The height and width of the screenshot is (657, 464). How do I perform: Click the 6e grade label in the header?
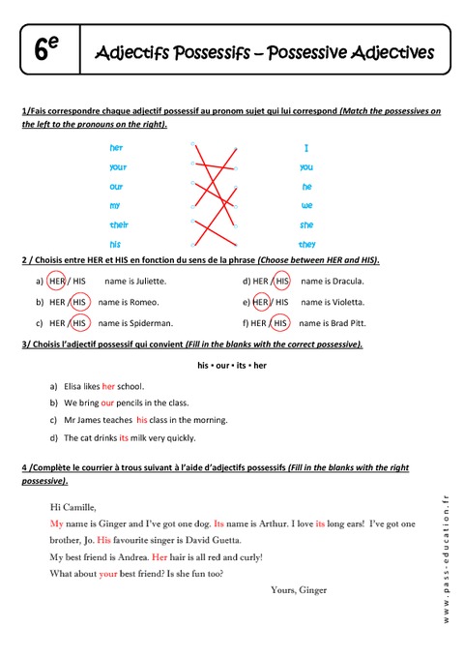click(x=45, y=50)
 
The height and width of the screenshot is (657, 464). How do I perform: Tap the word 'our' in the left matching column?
click(x=116, y=186)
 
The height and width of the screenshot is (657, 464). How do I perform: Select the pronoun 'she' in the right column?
click(x=306, y=224)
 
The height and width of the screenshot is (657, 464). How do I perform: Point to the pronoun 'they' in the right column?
click(x=307, y=244)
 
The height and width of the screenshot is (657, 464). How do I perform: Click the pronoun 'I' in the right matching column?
click(x=306, y=148)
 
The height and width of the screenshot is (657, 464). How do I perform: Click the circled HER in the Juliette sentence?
click(x=57, y=282)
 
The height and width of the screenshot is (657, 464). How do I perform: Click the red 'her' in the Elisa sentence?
click(x=108, y=385)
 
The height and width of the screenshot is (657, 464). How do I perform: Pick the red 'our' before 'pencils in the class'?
click(x=107, y=403)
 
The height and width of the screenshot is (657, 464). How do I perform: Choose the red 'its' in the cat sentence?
click(x=124, y=437)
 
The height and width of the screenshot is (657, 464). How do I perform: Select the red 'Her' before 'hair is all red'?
click(x=159, y=557)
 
